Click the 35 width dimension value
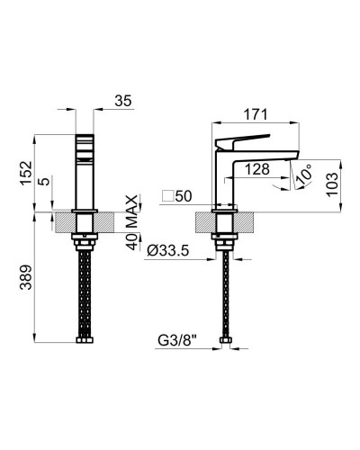click(x=123, y=101)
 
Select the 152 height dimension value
click(x=26, y=173)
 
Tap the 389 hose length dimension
click(x=26, y=277)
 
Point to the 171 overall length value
click(x=256, y=114)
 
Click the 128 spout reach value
click(x=257, y=169)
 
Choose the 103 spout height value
click(x=332, y=184)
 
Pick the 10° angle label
click(x=303, y=175)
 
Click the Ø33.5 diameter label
click(x=168, y=250)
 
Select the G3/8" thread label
click(x=177, y=340)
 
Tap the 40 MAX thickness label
click(x=131, y=222)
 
